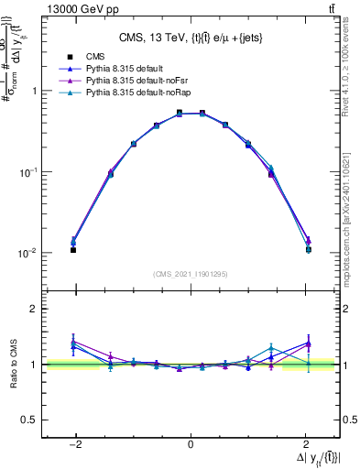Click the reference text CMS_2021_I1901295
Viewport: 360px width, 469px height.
tap(191, 274)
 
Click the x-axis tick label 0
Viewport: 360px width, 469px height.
tap(191, 446)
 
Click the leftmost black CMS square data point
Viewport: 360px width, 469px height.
tap(73, 250)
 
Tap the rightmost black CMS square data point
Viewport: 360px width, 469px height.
tap(308, 250)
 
